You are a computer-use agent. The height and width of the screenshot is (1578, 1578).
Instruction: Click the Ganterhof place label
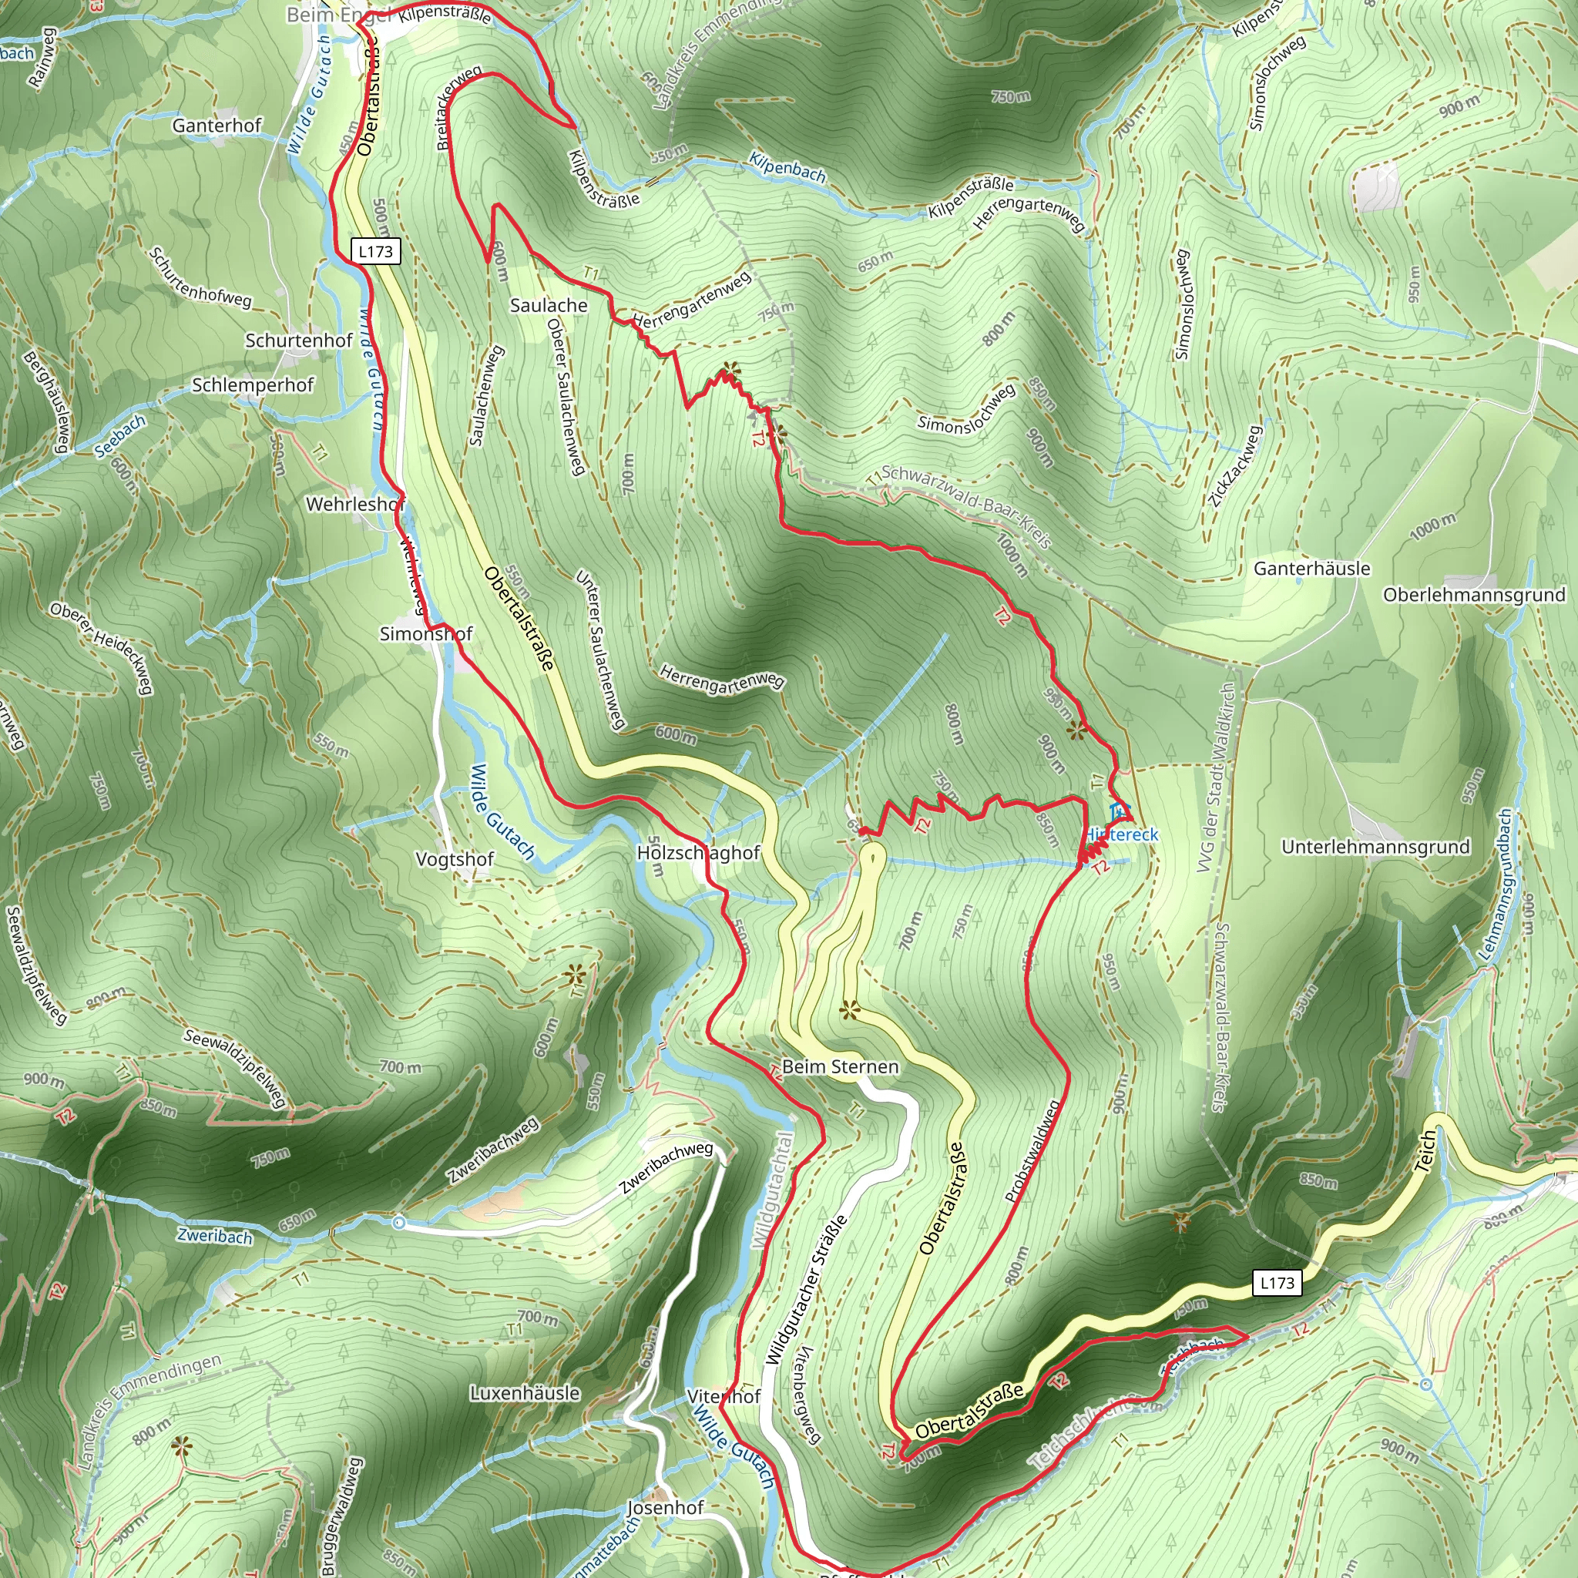217,125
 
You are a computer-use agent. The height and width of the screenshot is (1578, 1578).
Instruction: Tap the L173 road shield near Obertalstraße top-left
376,250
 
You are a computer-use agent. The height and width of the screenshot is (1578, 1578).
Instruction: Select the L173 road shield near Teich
1277,1283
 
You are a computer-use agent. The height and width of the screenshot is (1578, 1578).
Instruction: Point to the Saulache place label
548,305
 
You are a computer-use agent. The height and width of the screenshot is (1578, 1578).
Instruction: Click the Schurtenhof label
299,341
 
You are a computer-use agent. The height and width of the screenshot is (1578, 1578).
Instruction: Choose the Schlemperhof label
253,384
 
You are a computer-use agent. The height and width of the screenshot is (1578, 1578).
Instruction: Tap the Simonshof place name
425,634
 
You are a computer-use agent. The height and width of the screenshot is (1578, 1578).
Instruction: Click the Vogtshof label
455,859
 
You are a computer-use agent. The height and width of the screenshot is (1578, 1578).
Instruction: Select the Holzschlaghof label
698,853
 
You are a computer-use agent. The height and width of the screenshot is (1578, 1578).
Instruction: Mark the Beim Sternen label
840,1066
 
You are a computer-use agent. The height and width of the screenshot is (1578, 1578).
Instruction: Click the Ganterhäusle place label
1311,569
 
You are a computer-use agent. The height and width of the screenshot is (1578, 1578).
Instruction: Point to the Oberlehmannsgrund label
1473,595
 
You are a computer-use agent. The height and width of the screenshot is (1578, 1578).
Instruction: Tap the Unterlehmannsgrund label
1375,847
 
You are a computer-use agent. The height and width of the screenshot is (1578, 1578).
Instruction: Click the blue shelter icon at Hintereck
1120,812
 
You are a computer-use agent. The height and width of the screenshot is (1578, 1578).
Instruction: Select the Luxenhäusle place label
525,1393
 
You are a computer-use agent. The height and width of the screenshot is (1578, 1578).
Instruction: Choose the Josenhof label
665,1508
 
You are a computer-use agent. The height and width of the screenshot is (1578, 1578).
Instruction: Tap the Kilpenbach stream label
787,167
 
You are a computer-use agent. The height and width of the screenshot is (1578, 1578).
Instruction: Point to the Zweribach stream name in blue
215,1236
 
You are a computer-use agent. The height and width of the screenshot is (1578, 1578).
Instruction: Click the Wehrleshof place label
355,505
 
